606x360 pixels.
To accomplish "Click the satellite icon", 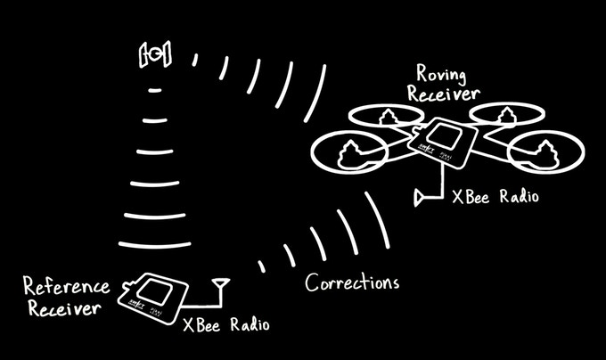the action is point(155,53).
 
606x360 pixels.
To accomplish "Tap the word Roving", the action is point(441,74).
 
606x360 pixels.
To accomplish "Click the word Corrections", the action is point(352,282).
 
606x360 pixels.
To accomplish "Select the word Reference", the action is point(67,285).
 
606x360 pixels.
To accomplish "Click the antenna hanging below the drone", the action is point(420,198).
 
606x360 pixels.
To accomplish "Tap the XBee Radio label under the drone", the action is point(495,197).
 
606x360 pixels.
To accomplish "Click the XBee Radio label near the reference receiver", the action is point(226,324).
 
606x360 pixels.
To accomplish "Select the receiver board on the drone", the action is point(443,142).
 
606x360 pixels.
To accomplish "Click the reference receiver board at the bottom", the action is point(153,298).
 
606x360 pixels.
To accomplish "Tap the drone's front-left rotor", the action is point(349,151).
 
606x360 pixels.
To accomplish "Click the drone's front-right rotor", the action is point(545,151).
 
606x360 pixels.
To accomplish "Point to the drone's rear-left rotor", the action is point(387,115).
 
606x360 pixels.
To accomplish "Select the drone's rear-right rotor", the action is point(507,114).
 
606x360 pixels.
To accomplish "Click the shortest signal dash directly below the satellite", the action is point(155,90).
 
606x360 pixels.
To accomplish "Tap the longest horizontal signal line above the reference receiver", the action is point(154,245).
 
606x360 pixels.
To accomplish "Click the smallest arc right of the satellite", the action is point(195,60).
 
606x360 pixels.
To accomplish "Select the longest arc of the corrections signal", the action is point(377,220).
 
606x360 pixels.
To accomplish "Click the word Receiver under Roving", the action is point(444,94).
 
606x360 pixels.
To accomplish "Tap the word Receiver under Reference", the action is point(64,307).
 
